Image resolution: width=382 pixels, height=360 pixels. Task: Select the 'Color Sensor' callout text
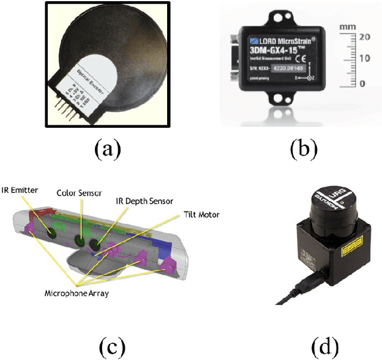click(79, 193)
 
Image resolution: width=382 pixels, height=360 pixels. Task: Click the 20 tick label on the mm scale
click(363, 37)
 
